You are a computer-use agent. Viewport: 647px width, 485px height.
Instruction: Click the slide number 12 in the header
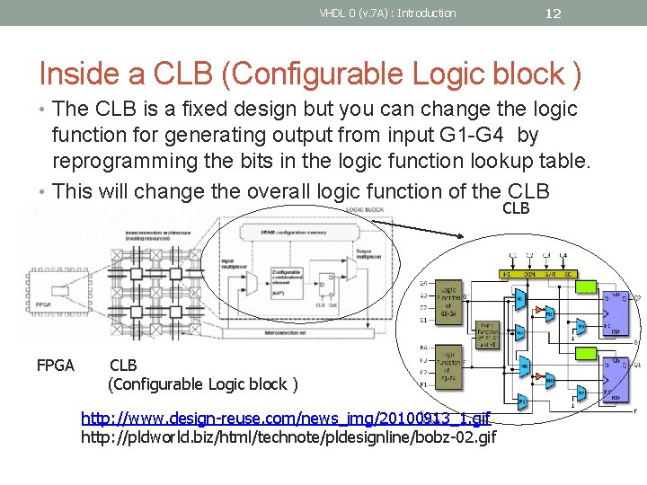[x=554, y=13]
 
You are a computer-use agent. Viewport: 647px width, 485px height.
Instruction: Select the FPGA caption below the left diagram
[x=55, y=366]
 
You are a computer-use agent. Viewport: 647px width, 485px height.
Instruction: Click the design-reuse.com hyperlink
[x=286, y=419]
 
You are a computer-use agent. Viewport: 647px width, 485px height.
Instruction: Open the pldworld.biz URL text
[x=288, y=437]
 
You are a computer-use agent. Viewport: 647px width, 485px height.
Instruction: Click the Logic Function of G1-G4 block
[x=450, y=300]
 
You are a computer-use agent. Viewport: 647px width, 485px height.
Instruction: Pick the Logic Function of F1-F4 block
[x=450, y=366]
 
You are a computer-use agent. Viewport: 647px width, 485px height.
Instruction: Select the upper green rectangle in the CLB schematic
[x=587, y=287]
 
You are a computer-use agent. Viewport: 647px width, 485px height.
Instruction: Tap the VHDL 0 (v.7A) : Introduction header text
[x=387, y=13]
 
